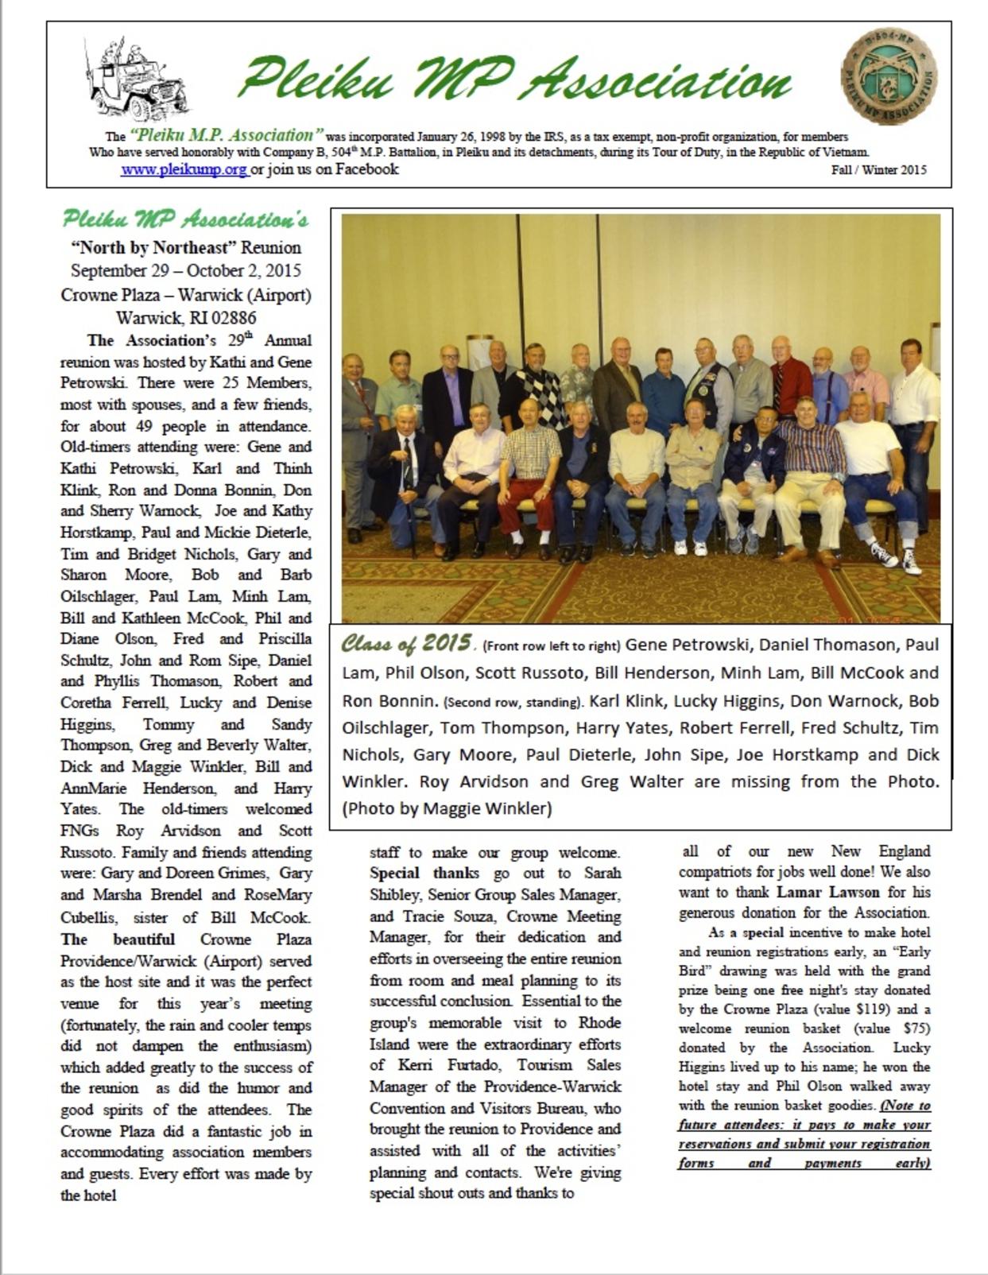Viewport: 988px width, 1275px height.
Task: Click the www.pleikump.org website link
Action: [184, 169]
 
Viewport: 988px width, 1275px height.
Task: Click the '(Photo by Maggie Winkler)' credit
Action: [447, 808]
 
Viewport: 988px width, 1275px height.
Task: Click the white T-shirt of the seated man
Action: [867, 447]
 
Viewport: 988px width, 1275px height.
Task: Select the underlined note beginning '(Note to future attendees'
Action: [804, 1134]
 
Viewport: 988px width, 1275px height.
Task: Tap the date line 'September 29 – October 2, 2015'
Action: [185, 270]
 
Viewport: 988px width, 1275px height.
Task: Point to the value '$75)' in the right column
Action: [916, 1029]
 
